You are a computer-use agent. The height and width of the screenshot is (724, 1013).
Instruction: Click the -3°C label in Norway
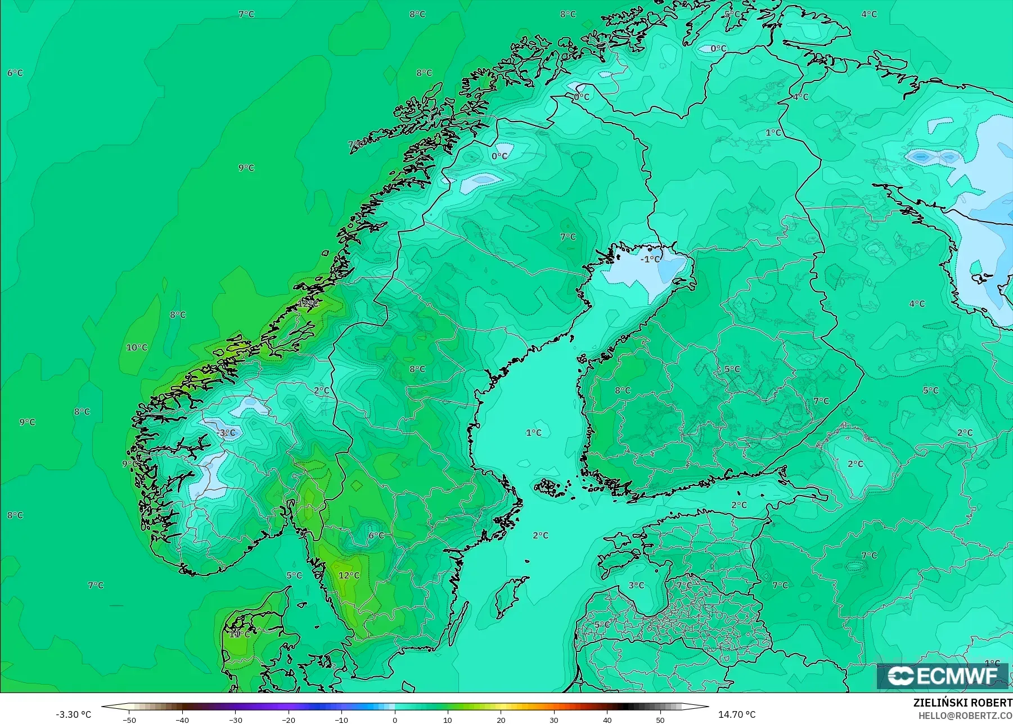[227, 433]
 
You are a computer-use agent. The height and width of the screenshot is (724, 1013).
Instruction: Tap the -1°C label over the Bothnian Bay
[650, 259]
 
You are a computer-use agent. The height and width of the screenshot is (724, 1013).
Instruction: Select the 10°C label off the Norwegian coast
[137, 348]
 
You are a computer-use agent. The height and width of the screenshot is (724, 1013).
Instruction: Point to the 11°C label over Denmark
[239, 634]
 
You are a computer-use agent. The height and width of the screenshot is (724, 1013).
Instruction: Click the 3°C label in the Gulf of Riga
[636, 586]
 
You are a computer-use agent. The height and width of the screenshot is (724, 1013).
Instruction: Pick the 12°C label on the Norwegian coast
[308, 303]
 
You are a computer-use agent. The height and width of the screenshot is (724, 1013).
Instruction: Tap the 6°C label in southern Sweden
[376, 536]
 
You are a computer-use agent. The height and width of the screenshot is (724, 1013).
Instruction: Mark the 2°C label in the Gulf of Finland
[739, 505]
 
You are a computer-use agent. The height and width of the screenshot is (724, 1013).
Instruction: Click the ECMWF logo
[943, 676]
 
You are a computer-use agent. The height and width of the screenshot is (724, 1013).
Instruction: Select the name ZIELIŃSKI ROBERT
[962, 703]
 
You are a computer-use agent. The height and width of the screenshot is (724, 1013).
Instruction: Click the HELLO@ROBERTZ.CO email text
[965, 716]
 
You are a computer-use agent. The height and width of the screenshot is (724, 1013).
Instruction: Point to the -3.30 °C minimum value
[73, 714]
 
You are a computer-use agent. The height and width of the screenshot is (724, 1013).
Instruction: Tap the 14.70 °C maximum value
[737, 714]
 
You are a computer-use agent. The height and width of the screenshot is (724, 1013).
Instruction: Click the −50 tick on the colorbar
[129, 719]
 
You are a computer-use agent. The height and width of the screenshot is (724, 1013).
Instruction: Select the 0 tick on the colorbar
[395, 719]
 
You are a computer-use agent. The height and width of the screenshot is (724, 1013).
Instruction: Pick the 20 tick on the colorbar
[501, 719]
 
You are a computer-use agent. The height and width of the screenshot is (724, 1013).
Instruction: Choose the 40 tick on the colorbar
[607, 719]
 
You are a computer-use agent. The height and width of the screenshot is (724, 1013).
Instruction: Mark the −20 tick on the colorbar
[289, 719]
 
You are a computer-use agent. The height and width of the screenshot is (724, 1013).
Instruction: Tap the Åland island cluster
[550, 487]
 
